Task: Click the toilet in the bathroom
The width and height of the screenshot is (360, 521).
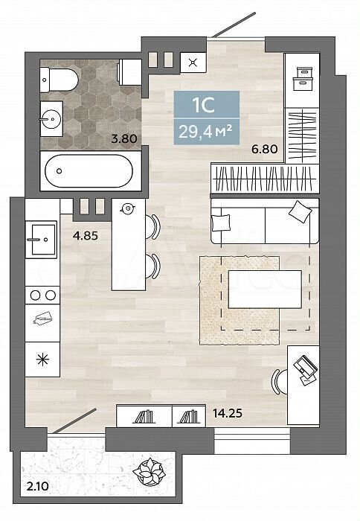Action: [x=59, y=80]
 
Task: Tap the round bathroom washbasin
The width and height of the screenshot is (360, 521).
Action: [x=51, y=118]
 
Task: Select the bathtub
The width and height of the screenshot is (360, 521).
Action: [x=89, y=170]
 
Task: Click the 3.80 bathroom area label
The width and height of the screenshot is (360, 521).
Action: [x=124, y=138]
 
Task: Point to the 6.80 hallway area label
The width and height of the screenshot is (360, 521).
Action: [x=264, y=149]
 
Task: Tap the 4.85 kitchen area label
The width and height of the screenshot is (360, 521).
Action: [x=86, y=236]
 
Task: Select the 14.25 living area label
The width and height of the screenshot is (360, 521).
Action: [x=228, y=413]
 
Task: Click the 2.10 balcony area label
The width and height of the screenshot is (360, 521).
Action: [x=37, y=487]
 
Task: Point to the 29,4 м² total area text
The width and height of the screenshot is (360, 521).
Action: [x=205, y=132]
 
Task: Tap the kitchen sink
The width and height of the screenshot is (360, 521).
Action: [x=41, y=239]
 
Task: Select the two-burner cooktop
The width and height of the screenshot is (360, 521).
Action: [x=42, y=295]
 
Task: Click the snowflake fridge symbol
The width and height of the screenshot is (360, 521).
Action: [x=42, y=360]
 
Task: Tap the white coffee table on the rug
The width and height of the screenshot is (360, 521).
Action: [x=265, y=289]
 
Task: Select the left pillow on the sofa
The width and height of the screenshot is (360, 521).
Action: [x=221, y=223]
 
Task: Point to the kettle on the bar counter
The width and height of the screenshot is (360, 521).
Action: [x=127, y=208]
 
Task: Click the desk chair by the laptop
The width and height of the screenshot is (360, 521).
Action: [x=280, y=381]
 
